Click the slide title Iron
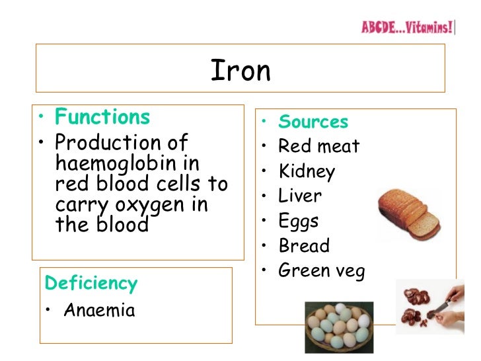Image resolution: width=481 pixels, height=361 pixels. point(240,71)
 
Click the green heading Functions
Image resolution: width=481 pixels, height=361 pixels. point(102,117)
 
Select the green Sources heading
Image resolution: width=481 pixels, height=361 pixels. point(313,122)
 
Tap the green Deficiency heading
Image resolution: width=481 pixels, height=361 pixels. point(91,284)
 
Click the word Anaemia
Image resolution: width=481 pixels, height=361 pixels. point(99,310)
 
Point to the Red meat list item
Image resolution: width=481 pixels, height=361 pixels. point(318,146)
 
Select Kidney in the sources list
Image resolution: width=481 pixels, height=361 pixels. point(307,171)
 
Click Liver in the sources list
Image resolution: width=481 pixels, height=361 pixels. point(299,196)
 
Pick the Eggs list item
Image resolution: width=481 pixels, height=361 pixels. point(299,221)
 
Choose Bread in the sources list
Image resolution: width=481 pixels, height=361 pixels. point(303,246)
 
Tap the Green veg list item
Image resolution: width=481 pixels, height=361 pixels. point(321,270)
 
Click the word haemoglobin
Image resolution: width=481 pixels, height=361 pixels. point(109,163)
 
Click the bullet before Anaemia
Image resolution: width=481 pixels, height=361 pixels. point(50,311)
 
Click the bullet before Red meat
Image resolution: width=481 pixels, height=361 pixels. point(264,146)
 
